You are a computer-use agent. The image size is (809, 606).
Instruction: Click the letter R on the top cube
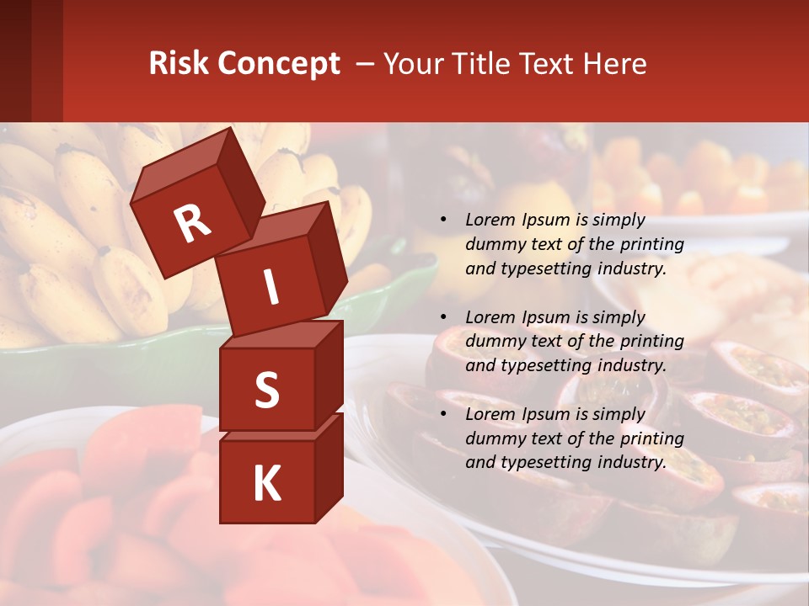click(192, 224)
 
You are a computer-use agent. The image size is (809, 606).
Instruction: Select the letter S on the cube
click(266, 390)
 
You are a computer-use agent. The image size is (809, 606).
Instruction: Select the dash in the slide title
click(366, 65)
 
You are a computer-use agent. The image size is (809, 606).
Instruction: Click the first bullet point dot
click(443, 221)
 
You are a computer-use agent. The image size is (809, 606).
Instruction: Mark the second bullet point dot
click(443, 317)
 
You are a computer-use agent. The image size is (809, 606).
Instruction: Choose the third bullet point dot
click(443, 414)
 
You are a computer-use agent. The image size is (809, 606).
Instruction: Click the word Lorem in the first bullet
click(490, 220)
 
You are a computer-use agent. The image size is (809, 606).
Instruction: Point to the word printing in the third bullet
click(652, 438)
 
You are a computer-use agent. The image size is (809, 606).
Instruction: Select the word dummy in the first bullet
click(493, 244)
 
